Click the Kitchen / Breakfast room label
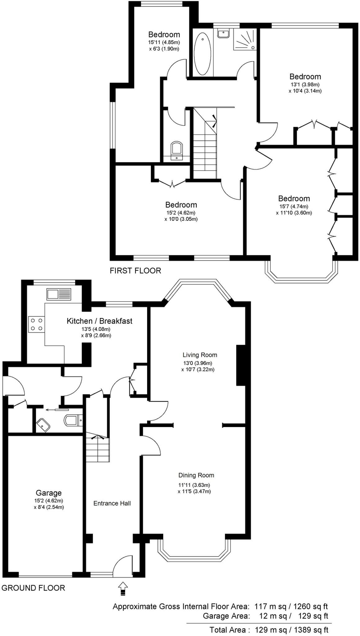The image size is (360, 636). coord(99,321)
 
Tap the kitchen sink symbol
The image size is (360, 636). coord(59,294)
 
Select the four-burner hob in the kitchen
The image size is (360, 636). coord(37,324)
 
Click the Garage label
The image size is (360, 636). coord(49,493)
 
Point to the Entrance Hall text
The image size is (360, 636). coord(112,503)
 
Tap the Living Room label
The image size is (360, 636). coord(200,355)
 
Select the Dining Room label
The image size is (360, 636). coord(196,475)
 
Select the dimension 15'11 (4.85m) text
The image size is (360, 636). coord(164,42)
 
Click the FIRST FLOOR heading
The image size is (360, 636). coord(135,270)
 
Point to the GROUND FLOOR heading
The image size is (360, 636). coord(33,588)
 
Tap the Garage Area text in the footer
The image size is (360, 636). coord(226,616)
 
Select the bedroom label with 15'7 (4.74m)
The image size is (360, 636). coord(294,198)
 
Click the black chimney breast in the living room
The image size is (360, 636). coord(241,365)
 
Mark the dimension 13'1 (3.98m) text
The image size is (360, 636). coord(305,84)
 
